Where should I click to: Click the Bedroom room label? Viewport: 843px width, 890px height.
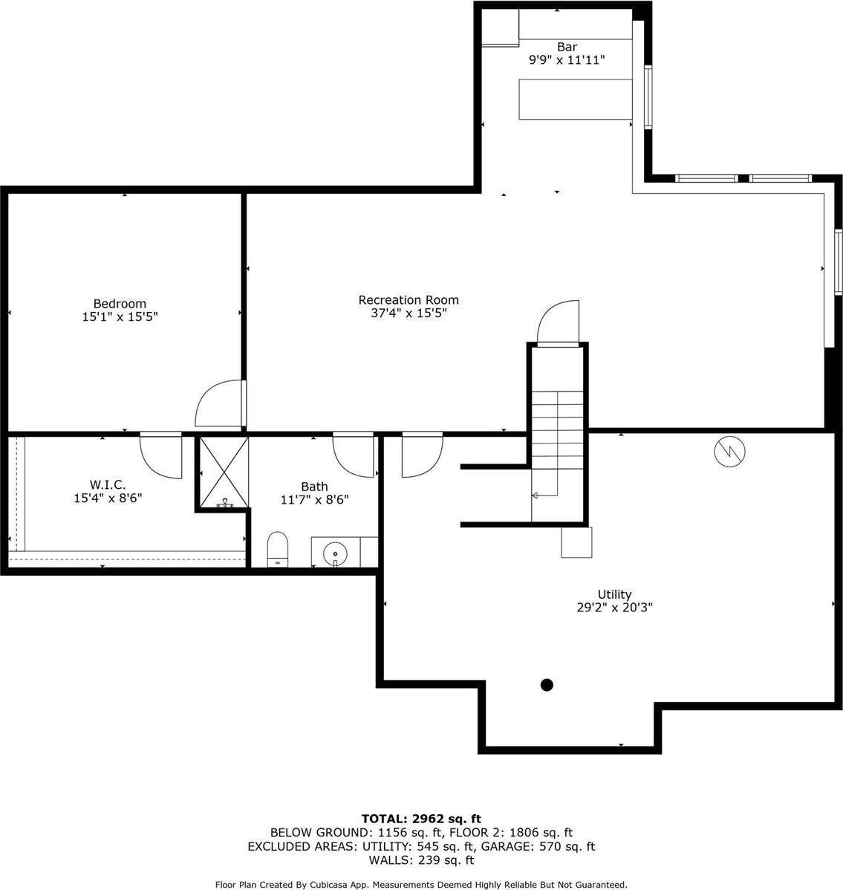tap(120, 303)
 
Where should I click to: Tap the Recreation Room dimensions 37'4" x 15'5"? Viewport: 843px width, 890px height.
tap(409, 314)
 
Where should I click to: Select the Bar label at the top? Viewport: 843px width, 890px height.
tap(567, 47)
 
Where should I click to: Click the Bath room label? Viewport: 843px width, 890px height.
tap(314, 487)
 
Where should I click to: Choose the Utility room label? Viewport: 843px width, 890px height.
tap(614, 594)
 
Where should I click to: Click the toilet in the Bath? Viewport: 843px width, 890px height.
tap(277, 548)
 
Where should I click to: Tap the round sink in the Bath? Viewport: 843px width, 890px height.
tap(335, 552)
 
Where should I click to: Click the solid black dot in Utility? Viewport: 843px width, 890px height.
tap(547, 685)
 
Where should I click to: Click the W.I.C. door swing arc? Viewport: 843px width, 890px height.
tap(161, 455)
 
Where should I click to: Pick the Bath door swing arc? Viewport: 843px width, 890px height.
tap(354, 455)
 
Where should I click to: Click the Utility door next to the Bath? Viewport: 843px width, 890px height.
tap(421, 455)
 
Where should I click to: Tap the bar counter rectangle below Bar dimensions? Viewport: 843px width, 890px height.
tap(574, 99)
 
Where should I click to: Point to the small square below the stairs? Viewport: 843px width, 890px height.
tap(576, 542)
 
